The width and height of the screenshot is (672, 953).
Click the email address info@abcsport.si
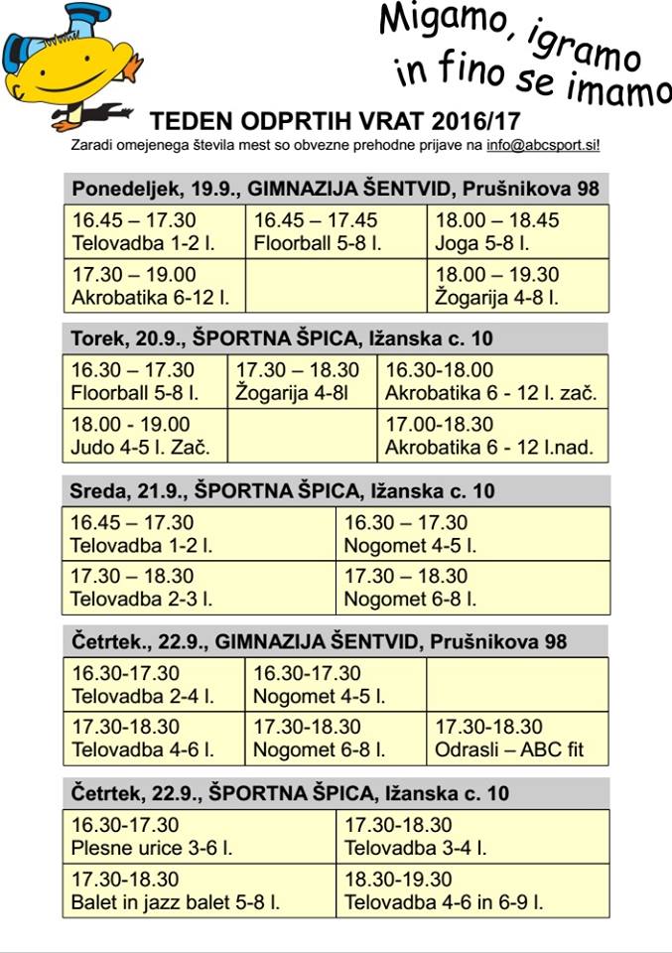click(542, 145)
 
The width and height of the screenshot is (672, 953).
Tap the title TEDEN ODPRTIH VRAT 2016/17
click(336, 122)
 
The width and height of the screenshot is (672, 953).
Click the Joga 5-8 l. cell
click(518, 231)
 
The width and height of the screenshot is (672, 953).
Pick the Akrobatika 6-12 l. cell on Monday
click(155, 286)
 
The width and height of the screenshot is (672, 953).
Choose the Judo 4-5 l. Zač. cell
click(145, 436)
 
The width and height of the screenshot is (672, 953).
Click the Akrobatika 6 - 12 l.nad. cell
click(492, 436)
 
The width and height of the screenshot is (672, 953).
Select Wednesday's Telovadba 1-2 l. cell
click(200, 533)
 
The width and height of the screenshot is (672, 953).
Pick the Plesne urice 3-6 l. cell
click(200, 837)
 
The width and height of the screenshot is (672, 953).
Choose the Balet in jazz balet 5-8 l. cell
click(200, 891)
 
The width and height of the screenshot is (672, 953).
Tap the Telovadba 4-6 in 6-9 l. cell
click(472, 891)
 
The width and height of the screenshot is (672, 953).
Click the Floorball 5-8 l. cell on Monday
click(336, 231)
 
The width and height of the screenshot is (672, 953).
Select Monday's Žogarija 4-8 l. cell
click(518, 286)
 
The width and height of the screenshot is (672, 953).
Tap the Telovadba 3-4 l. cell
click(472, 837)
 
